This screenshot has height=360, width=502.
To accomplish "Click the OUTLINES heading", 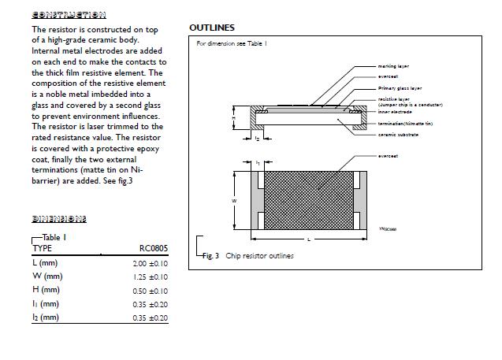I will point(212,28).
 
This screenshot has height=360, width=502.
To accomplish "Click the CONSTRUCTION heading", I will point(69,14).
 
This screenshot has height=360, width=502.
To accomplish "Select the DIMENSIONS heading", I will point(59,218).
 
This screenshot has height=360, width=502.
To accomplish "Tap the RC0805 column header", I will point(153,248).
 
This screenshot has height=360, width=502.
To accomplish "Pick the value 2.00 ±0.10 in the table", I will point(151,263).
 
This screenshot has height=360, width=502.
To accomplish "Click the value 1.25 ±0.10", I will point(151,277).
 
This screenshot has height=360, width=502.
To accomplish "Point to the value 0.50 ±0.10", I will point(151,291).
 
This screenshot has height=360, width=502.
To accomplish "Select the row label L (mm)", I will point(45,263).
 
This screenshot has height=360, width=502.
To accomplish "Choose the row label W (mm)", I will point(46,276).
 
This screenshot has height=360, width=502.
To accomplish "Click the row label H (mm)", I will point(46,291).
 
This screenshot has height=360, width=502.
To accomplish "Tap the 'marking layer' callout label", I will point(394,66).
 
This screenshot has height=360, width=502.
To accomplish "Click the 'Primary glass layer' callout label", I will point(400,88).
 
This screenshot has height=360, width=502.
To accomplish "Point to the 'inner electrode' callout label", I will point(396,111).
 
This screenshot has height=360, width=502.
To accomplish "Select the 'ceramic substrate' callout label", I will point(398,135).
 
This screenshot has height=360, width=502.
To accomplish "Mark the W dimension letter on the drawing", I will point(234,202).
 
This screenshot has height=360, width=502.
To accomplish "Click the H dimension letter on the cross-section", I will point(233,118).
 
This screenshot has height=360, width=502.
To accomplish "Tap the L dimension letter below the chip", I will point(307,238).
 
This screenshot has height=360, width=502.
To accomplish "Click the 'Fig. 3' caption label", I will point(210,256).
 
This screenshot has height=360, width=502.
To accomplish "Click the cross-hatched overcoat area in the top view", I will point(307,201).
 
